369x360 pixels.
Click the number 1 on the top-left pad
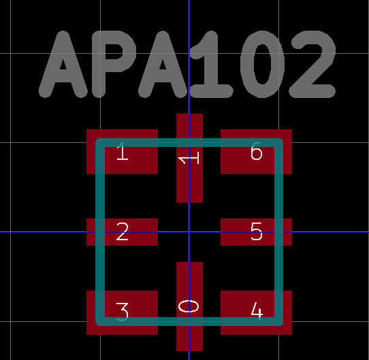point(123,151)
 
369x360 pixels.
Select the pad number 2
point(123,231)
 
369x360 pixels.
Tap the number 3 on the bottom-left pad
point(123,312)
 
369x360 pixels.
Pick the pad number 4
point(257,312)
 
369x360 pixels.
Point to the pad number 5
point(257,231)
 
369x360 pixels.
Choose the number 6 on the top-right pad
point(257,151)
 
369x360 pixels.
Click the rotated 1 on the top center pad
point(189,158)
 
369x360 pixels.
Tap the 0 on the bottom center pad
point(189,306)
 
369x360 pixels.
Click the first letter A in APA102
point(63,64)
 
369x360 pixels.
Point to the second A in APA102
point(163,64)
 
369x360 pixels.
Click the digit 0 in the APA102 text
point(263,64)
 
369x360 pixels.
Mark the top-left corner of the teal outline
point(100,143)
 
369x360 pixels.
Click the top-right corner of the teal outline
point(279,143)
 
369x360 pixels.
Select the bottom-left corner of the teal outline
point(100,321)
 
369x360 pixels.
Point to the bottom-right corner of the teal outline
point(279,321)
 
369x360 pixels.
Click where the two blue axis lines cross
point(189,232)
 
